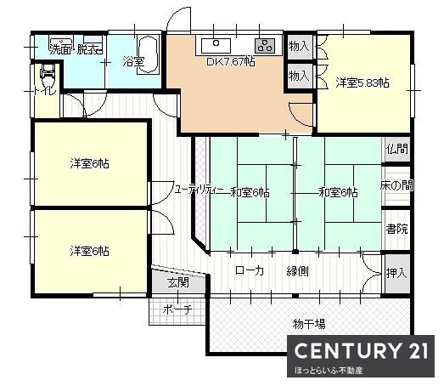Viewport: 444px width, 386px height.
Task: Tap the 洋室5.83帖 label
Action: (x=362, y=82)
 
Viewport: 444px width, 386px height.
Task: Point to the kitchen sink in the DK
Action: (x=216, y=43)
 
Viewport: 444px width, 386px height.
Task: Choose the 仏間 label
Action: (x=396, y=149)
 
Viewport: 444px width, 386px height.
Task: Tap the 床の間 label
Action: (x=396, y=185)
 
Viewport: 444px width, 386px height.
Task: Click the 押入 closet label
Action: (x=396, y=274)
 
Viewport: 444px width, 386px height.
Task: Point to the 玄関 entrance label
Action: (x=177, y=282)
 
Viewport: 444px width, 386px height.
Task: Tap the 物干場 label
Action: (x=310, y=324)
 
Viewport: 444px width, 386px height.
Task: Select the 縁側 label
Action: (x=298, y=271)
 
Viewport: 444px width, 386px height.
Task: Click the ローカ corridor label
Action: (x=250, y=271)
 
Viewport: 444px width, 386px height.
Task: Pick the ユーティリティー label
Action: (x=200, y=191)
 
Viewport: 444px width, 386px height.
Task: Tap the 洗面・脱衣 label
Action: (x=76, y=49)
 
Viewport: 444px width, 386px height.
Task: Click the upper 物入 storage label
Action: (x=299, y=46)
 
